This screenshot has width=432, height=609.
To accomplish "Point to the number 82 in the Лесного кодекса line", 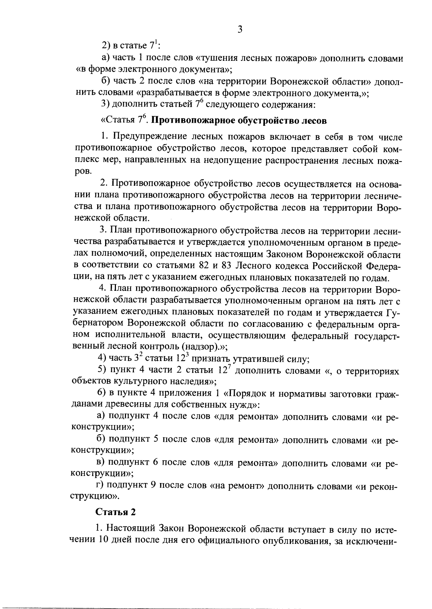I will pos(206,266).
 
